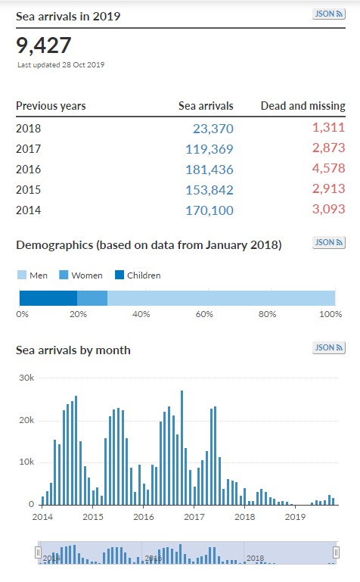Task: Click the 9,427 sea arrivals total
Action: pos(43,45)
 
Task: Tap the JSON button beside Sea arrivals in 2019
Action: pos(329,14)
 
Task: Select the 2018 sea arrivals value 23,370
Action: pos(213,129)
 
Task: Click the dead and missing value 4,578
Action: pos(328,168)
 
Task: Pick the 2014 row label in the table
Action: pos(28,210)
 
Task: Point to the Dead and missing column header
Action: pos(303,106)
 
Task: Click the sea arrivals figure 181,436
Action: pos(209,170)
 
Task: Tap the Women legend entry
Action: pos(81,275)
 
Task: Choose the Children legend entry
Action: pos(138,275)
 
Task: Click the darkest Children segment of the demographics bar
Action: pos(48,298)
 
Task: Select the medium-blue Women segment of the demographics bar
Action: pos(92,298)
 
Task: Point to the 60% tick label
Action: pos(204,314)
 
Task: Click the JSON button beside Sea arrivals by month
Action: pos(329,348)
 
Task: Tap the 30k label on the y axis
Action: pos(26,378)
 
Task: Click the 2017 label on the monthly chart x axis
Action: pos(194,517)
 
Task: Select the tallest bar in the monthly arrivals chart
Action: pos(182,447)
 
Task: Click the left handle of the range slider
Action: pos(38,552)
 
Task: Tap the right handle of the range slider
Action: pos(336,552)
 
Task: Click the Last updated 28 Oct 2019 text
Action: pos(61,64)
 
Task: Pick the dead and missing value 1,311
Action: pos(328,127)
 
